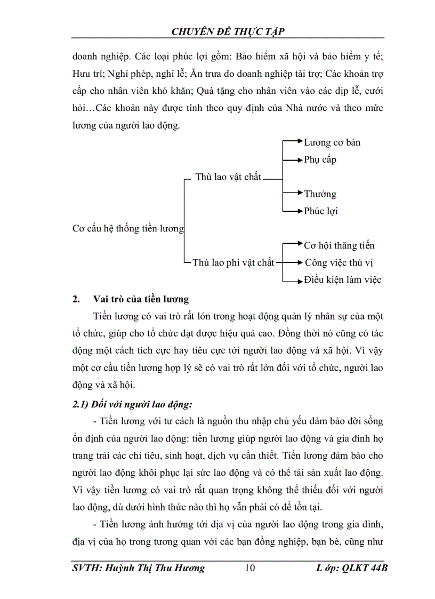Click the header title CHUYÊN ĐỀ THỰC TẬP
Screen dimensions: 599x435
click(228, 32)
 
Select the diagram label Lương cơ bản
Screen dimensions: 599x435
click(332, 142)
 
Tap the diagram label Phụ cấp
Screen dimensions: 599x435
click(320, 159)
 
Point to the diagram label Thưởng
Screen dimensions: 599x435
click(320, 194)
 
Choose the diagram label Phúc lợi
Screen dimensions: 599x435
click(321, 211)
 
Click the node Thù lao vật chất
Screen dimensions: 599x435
click(228, 177)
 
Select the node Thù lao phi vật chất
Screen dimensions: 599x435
click(233, 262)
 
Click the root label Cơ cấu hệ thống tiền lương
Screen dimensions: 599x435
click(128, 229)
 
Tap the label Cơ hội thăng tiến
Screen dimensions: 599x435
click(339, 245)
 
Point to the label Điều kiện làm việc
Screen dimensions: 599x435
click(342, 279)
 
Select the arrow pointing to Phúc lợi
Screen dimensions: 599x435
click(292, 211)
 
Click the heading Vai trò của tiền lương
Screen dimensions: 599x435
click(141, 300)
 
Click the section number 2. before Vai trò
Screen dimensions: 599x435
click(76, 300)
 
